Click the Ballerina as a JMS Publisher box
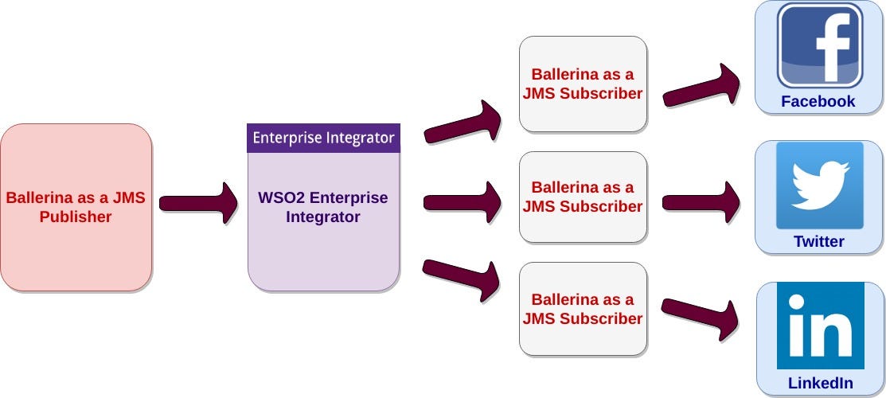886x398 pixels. pyautogui.click(x=76, y=208)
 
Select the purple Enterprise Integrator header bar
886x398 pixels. pyautogui.click(x=323, y=138)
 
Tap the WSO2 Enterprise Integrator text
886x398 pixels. pyautogui.click(x=323, y=207)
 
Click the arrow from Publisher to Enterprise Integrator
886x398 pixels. pyautogui.click(x=198, y=203)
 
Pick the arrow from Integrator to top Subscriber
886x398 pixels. pyautogui.click(x=463, y=123)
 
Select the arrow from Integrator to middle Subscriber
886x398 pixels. pyautogui.click(x=463, y=202)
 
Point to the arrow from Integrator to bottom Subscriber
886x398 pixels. pyautogui.click(x=461, y=279)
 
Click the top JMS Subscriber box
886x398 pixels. pyautogui.click(x=584, y=84)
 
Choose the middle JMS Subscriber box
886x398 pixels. pyautogui.click(x=584, y=197)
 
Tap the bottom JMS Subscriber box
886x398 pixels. pyautogui.click(x=584, y=309)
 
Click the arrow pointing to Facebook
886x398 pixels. pyautogui.click(x=701, y=86)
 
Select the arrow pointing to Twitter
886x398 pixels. pyautogui.click(x=701, y=202)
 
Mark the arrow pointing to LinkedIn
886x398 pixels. pyautogui.click(x=701, y=318)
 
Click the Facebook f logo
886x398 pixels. pyautogui.click(x=820, y=46)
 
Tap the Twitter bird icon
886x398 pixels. pyautogui.click(x=820, y=185)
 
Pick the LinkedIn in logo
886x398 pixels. pyautogui.click(x=821, y=326)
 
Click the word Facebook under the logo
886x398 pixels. pyautogui.click(x=818, y=101)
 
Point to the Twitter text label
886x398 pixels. pyautogui.click(x=819, y=241)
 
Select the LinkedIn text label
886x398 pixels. pyautogui.click(x=821, y=383)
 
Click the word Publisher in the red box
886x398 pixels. pyautogui.click(x=76, y=217)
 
